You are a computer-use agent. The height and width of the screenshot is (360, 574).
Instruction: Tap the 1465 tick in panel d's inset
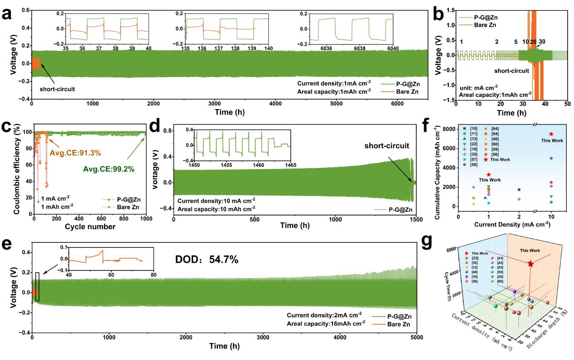290,166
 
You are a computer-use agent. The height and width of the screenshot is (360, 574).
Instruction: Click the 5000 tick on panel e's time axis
416,337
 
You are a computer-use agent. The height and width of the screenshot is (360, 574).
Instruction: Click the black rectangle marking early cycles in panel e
38,287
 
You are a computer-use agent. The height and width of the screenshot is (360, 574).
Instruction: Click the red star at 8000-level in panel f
551,134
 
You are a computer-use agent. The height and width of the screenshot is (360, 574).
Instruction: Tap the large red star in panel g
531,264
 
